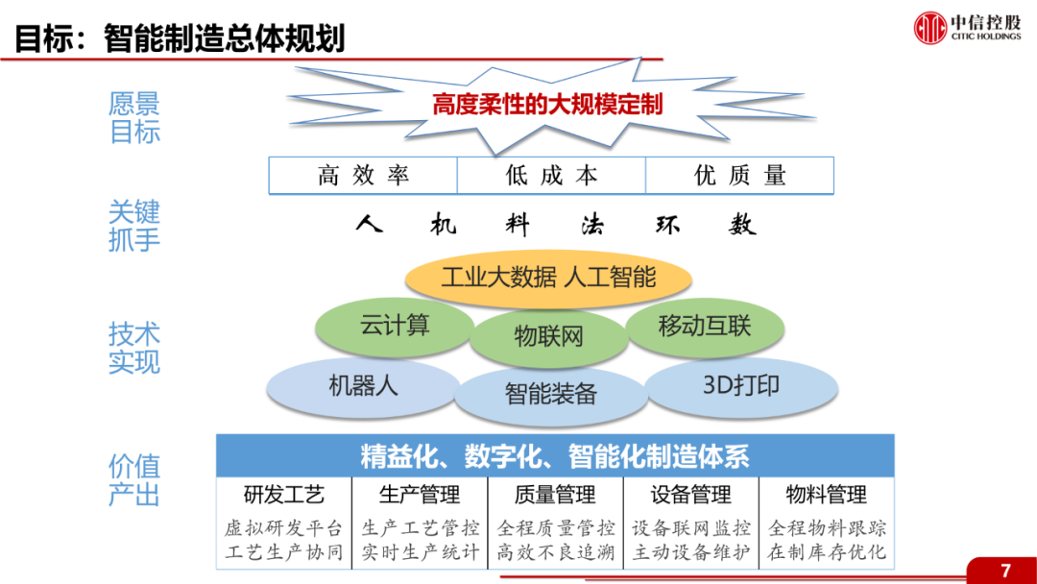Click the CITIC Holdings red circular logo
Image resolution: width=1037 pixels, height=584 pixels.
click(x=930, y=27)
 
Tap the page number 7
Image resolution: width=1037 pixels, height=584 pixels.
click(x=1005, y=571)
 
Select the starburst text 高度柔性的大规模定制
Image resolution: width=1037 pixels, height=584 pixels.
click(x=547, y=104)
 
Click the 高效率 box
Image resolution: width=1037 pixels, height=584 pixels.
click(x=363, y=176)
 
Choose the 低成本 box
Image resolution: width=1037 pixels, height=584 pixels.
click(x=551, y=176)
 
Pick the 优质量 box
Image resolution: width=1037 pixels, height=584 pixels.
click(x=739, y=176)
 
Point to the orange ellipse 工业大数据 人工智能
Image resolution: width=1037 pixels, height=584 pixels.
click(x=548, y=278)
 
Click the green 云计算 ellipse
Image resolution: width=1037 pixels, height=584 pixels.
click(x=395, y=326)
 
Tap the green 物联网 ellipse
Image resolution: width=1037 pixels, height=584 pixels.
click(x=548, y=336)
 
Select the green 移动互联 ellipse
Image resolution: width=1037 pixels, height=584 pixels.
click(x=704, y=326)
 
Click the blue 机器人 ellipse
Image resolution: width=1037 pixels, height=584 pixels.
click(x=363, y=386)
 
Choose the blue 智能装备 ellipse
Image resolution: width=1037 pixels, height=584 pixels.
click(x=550, y=393)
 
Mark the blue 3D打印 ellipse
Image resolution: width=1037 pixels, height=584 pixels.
click(x=740, y=386)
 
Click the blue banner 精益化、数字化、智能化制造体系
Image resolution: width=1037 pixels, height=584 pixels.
click(x=555, y=456)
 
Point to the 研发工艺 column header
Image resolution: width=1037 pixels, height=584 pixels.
click(x=283, y=495)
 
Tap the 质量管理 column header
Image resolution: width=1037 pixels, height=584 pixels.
click(x=555, y=495)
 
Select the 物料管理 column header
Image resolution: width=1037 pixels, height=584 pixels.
click(x=826, y=495)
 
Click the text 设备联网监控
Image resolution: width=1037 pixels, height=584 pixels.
click(x=691, y=528)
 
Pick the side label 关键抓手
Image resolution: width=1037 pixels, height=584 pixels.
click(x=134, y=226)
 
